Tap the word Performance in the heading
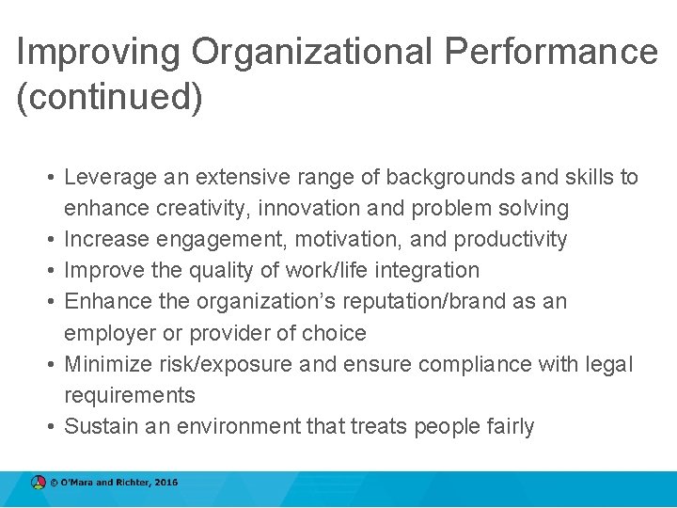(552, 52)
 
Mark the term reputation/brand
(444, 301)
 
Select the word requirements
(130, 395)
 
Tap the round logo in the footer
(38, 483)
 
